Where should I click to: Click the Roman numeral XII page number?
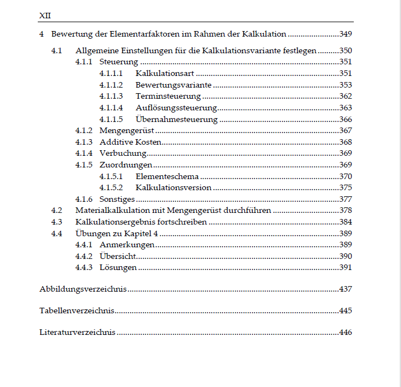(45, 15)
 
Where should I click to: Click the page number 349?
(345, 34)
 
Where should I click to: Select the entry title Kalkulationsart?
(165, 73)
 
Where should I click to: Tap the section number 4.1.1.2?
(111, 85)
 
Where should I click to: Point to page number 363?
(345, 108)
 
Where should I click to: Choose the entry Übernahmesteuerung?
(177, 119)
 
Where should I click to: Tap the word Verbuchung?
(123, 154)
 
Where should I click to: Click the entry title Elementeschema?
(167, 176)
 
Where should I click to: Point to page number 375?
(345, 187)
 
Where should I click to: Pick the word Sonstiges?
(117, 199)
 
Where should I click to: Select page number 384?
(345, 222)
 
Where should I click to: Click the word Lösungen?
(118, 268)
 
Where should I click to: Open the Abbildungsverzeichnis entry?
(83, 289)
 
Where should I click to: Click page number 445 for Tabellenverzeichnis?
(345, 310)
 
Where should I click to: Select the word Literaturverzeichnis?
(77, 333)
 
